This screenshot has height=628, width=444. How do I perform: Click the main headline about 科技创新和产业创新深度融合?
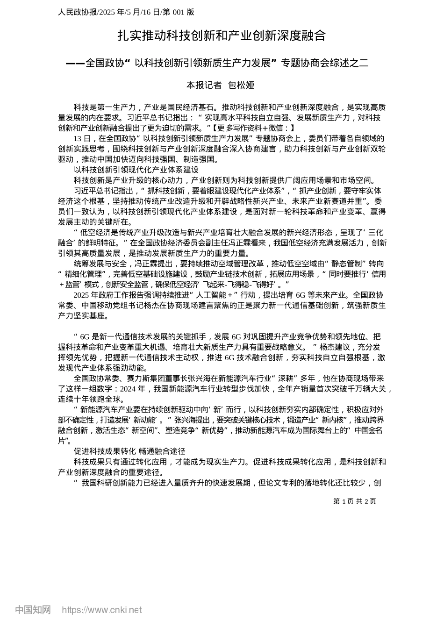point(221,36)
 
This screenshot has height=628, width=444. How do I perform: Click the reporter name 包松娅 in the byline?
point(241,85)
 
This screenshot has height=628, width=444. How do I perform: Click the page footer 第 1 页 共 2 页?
point(354,501)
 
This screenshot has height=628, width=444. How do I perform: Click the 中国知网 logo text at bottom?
point(33,610)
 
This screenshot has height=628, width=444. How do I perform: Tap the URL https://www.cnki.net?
point(102,610)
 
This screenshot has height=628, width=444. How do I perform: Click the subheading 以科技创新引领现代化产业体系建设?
point(136,170)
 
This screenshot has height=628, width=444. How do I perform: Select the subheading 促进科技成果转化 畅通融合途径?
point(129,451)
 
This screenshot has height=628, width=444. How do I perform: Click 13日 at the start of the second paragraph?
point(81,138)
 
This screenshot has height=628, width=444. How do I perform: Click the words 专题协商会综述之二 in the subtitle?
point(325,63)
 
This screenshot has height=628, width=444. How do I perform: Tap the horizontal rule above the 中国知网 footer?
point(222,582)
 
